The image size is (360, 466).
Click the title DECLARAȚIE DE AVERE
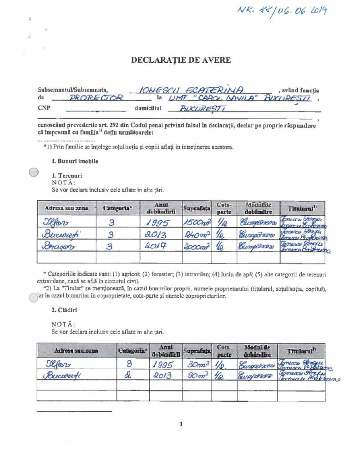click(x=181, y=60)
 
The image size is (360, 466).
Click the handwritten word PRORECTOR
click(x=96, y=98)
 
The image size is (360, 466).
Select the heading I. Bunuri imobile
click(x=75, y=161)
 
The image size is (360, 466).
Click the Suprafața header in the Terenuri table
click(x=197, y=208)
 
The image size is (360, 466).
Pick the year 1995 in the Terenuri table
click(x=156, y=223)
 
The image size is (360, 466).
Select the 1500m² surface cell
click(x=196, y=223)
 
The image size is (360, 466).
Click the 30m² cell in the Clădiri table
click(x=197, y=364)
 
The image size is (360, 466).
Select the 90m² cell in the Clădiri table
click(x=197, y=375)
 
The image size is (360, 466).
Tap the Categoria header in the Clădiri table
click(x=133, y=350)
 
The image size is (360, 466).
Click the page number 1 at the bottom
click(x=181, y=425)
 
